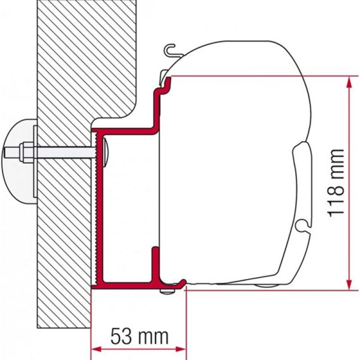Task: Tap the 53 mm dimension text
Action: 139,334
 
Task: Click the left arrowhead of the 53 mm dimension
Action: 95,349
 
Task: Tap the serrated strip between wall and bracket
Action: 96,210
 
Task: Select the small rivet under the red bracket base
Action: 166,292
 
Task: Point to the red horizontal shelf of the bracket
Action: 126,129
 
